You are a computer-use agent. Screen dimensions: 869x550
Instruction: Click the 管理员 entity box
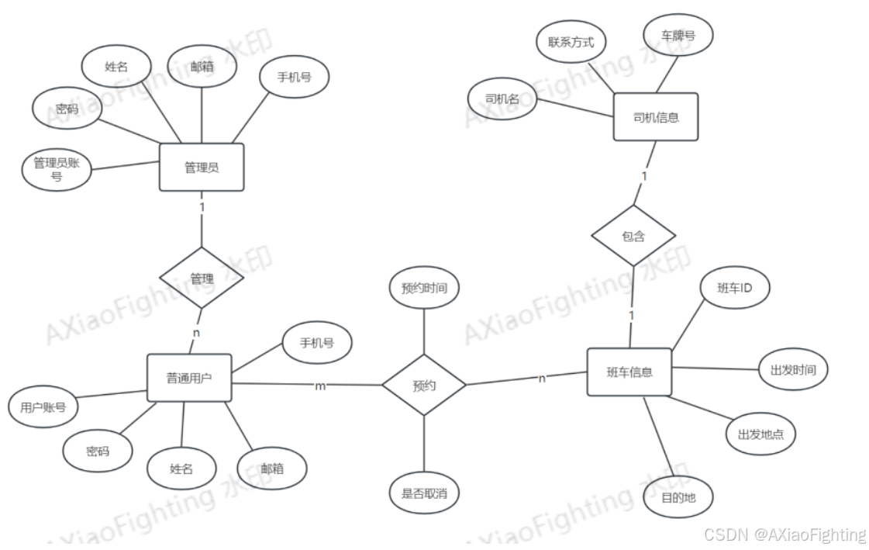click(202, 167)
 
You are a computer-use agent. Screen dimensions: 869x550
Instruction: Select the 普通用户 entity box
click(189, 378)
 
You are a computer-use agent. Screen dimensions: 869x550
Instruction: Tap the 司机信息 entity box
click(656, 117)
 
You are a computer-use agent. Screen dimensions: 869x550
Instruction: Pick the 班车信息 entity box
click(629, 372)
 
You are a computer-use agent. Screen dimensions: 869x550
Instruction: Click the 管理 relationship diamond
click(202, 278)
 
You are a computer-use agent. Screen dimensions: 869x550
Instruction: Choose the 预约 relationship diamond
click(424, 385)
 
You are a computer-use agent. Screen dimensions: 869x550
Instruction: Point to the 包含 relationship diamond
click(633, 236)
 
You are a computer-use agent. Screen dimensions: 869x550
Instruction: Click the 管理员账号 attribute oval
click(57, 170)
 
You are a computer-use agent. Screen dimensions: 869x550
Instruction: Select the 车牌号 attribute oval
click(677, 35)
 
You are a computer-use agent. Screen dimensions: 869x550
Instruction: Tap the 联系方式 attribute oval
click(571, 42)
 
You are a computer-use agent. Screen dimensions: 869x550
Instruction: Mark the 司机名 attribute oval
click(502, 99)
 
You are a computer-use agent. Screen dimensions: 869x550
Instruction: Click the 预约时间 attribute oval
click(423, 289)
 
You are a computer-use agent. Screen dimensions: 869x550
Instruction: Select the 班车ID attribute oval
click(733, 289)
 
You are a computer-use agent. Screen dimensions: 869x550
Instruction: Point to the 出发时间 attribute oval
click(793, 370)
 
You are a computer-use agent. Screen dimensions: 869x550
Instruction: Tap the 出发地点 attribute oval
click(760, 434)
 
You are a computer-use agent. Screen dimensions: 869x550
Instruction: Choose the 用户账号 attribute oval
click(43, 406)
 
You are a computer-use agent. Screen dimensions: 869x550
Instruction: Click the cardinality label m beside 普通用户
click(319, 386)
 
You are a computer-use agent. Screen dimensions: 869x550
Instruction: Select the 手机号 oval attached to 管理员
click(294, 77)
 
